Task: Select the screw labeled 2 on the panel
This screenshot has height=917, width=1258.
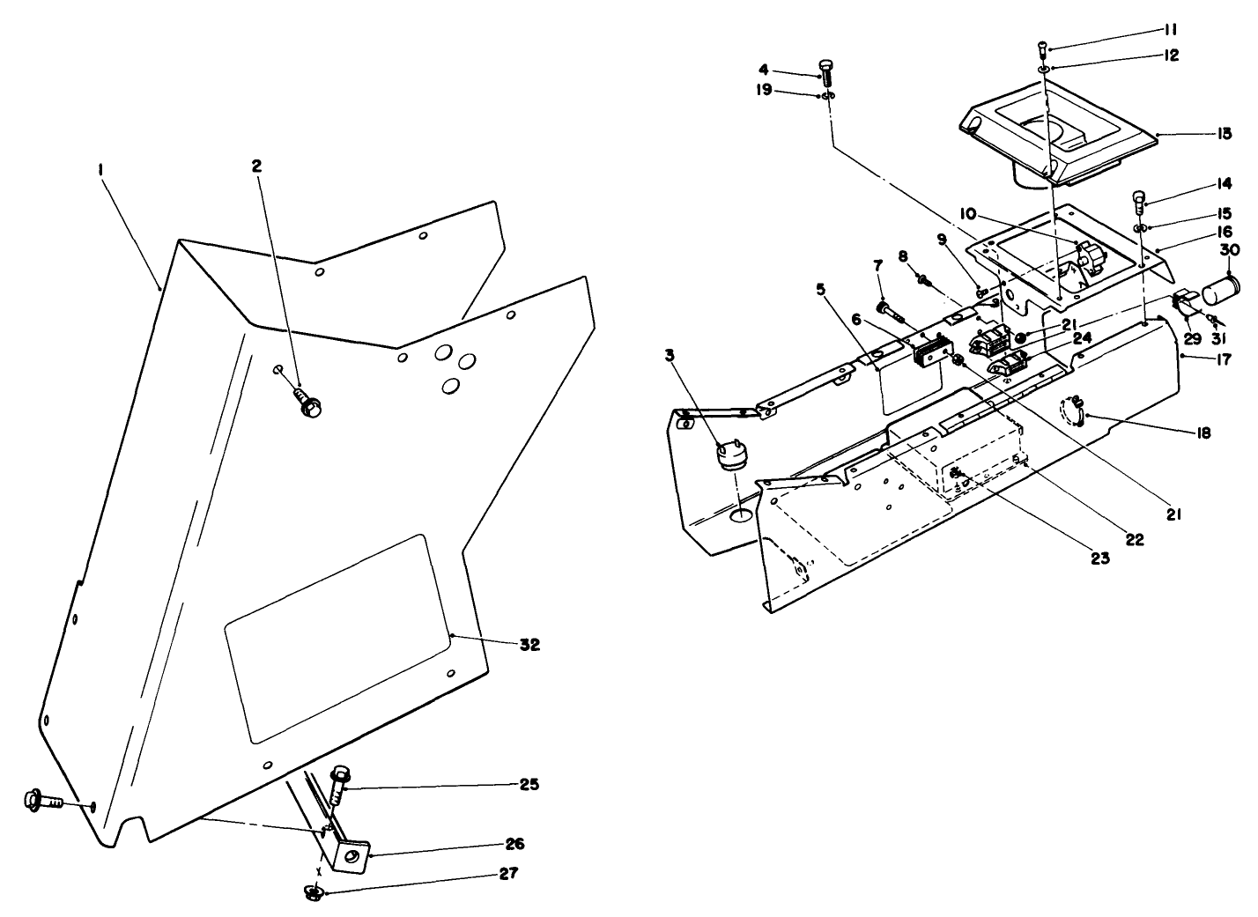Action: click(x=310, y=403)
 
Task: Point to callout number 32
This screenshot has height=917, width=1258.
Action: click(x=529, y=645)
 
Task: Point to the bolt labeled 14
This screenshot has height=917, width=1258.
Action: click(x=1140, y=201)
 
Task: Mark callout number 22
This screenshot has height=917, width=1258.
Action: click(x=1135, y=540)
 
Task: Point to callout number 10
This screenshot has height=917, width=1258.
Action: click(x=967, y=214)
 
